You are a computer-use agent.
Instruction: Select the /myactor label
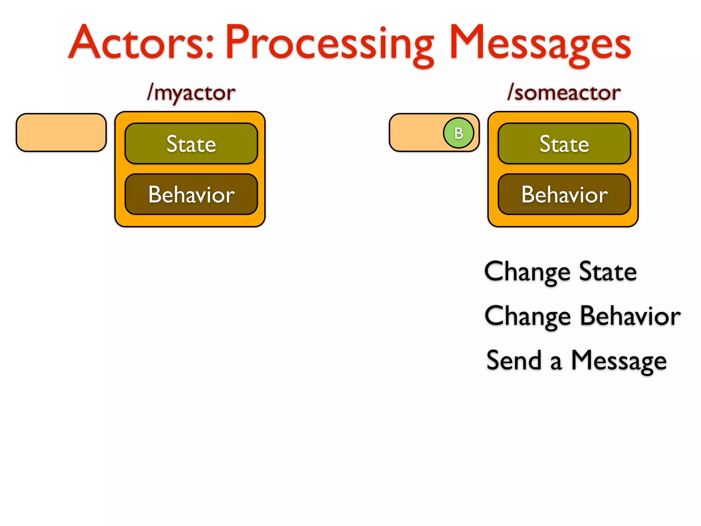pyautogui.click(x=191, y=93)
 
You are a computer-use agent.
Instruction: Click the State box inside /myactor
pyautogui.click(x=191, y=144)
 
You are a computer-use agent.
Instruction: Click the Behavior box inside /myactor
pyautogui.click(x=191, y=195)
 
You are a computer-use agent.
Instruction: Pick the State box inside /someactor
pyautogui.click(x=564, y=144)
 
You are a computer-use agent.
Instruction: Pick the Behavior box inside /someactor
pyautogui.click(x=564, y=195)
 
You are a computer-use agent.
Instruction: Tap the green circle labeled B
pyautogui.click(x=458, y=133)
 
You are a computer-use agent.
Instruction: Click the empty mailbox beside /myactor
pyautogui.click(x=61, y=133)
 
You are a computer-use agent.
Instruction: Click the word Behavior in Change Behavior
pyautogui.click(x=630, y=316)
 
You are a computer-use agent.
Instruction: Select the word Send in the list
pyautogui.click(x=514, y=360)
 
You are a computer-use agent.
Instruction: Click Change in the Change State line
pyautogui.click(x=527, y=272)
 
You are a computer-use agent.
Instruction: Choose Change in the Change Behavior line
pyautogui.click(x=527, y=316)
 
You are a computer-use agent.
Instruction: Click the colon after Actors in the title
pyautogui.click(x=210, y=46)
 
